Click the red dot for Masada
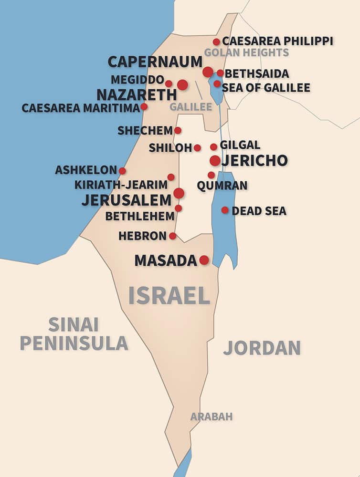(x=204, y=260)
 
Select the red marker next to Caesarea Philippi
(x=216, y=42)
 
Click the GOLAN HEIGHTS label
(x=246, y=52)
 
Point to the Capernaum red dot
(x=208, y=72)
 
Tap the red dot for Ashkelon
(x=122, y=171)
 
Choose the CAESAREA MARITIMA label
(x=80, y=108)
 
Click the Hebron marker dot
(x=172, y=236)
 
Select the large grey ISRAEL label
(x=169, y=296)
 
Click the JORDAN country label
(x=262, y=348)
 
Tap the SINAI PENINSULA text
(x=74, y=333)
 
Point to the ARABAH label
(x=212, y=416)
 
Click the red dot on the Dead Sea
(x=225, y=210)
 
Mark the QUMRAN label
(x=222, y=186)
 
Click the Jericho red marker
(x=215, y=160)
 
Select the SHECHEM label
(x=145, y=130)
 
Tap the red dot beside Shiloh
(x=197, y=148)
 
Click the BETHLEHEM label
(x=140, y=216)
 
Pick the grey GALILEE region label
(x=191, y=107)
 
